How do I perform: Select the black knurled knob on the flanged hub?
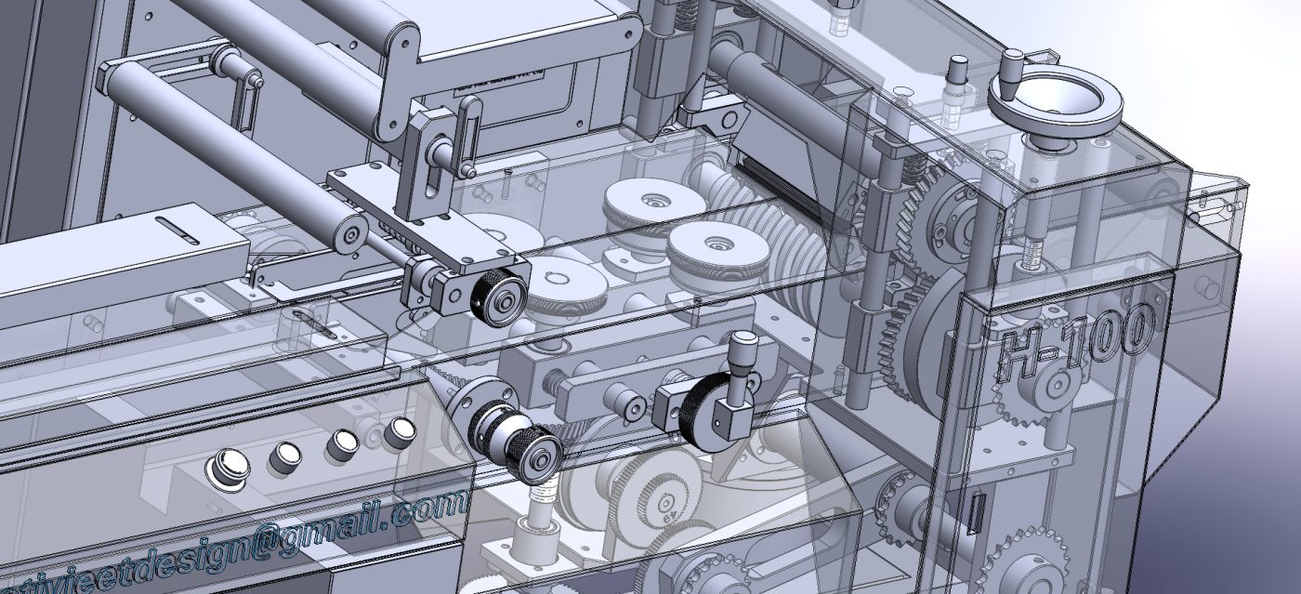pyautogui.click(x=538, y=456)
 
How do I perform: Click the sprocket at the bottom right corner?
pyautogui.click(x=1028, y=562)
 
